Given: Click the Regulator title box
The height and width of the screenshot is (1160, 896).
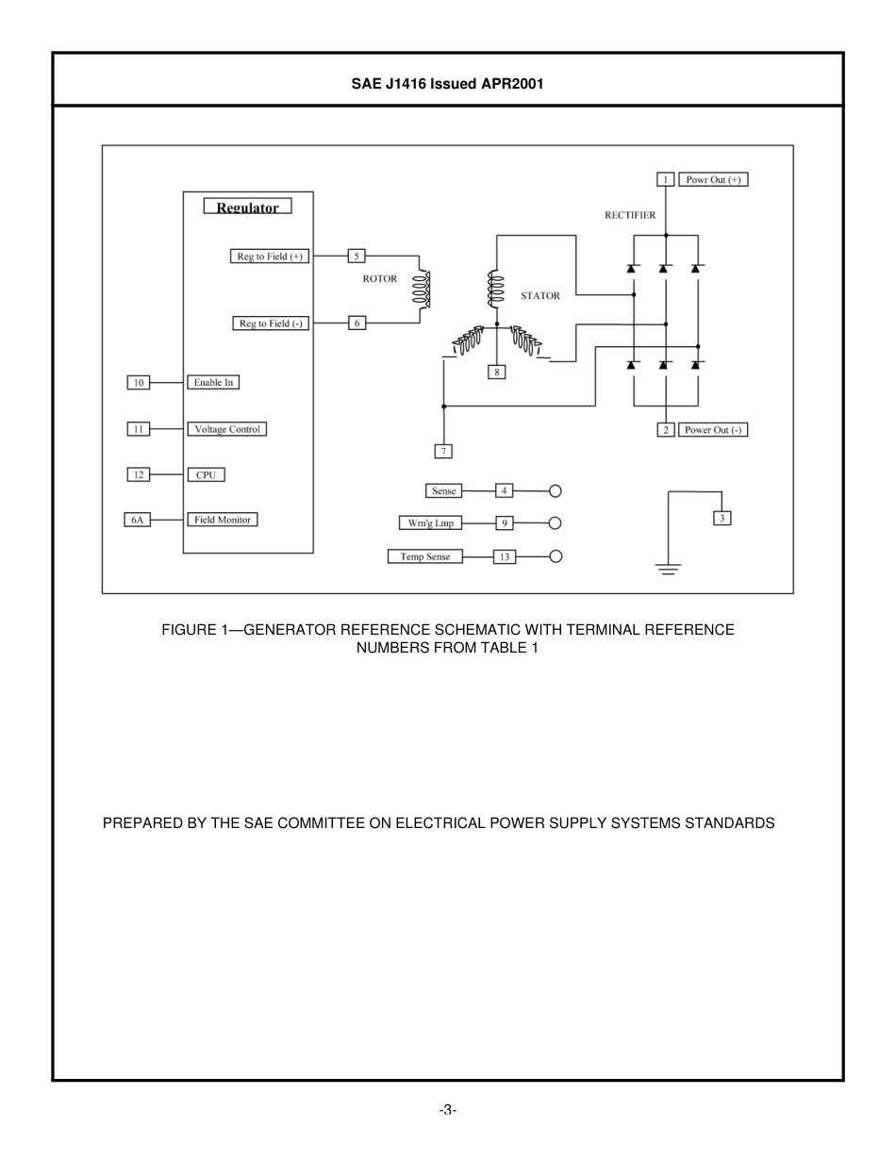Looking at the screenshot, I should click(x=248, y=207).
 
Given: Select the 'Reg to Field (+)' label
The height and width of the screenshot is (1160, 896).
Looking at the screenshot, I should click(x=270, y=256).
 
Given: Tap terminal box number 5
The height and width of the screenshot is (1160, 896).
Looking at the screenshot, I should click(x=357, y=256).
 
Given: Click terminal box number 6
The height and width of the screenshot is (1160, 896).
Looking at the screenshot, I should click(x=357, y=323).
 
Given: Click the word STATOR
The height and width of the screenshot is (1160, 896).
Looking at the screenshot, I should click(x=539, y=296).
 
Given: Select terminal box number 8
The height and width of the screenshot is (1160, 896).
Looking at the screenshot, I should click(x=496, y=372).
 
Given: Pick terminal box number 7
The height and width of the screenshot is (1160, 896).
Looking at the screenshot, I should click(x=442, y=451).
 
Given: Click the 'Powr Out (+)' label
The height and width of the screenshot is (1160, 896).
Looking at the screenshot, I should click(x=713, y=179).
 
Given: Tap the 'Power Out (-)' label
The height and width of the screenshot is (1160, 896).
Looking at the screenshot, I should click(x=713, y=430).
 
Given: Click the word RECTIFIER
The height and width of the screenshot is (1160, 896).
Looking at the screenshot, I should click(x=630, y=215).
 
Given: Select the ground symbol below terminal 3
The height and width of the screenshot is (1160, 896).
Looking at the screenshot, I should click(x=668, y=568).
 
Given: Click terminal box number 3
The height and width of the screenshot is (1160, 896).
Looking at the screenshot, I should click(x=722, y=518).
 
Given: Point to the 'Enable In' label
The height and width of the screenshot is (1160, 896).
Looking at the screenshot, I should click(x=213, y=382).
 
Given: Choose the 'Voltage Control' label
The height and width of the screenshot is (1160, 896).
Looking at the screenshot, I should click(x=226, y=429).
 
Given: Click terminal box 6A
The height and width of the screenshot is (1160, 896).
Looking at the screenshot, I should click(x=138, y=520).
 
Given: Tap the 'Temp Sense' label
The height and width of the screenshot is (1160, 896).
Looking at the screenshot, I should click(x=425, y=557).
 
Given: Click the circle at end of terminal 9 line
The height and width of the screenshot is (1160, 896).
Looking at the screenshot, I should click(x=556, y=523).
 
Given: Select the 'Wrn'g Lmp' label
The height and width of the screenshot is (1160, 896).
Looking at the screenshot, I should click(x=430, y=523).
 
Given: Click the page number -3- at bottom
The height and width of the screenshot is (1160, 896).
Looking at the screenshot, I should click(x=447, y=1110).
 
